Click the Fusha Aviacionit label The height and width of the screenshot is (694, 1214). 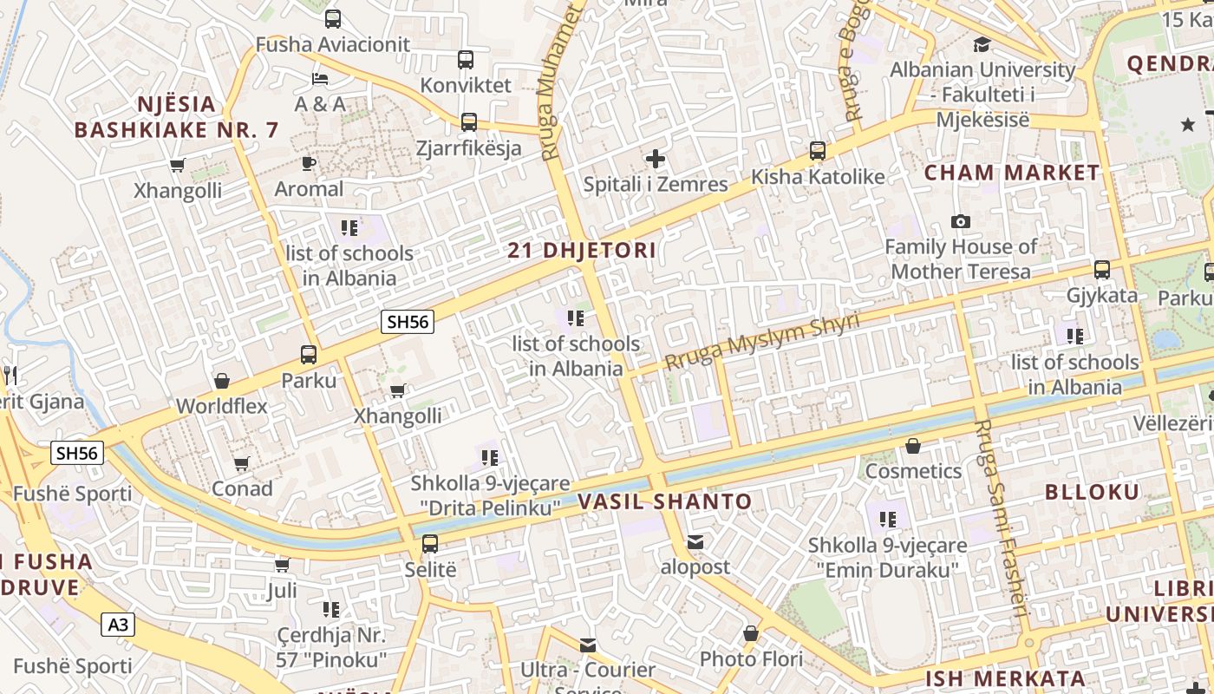[x=333, y=44]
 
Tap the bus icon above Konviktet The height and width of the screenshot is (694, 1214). [x=466, y=60]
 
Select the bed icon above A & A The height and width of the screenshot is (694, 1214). [x=320, y=79]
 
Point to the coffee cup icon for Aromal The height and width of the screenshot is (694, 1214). [x=309, y=163]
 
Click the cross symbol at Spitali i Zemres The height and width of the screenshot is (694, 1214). [x=656, y=159]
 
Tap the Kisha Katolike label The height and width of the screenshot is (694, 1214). [x=818, y=177]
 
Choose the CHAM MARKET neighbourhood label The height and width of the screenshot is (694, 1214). [x=1011, y=173]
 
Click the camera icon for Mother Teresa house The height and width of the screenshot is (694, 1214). [x=960, y=222]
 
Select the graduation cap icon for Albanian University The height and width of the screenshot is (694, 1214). [x=982, y=44]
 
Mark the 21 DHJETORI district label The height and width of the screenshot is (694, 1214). [x=582, y=251]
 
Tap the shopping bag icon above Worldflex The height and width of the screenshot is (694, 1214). [x=222, y=381]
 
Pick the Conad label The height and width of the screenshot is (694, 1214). [x=242, y=489]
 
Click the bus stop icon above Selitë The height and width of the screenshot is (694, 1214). [x=430, y=545]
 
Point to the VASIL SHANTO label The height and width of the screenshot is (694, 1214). [x=664, y=501]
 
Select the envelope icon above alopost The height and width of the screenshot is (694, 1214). [x=695, y=542]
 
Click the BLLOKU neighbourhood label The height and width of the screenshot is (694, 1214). [x=1092, y=492]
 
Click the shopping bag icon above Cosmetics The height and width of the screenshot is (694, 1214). [x=913, y=447]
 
